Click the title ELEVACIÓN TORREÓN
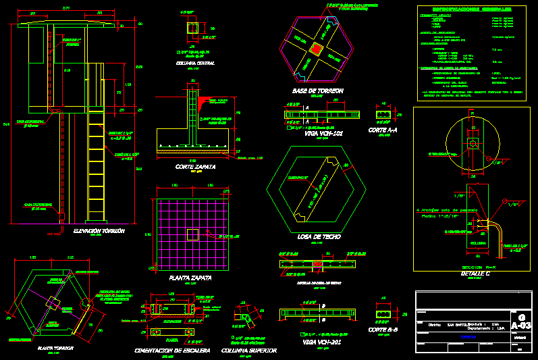tap(99, 231)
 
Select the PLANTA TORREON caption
tap(55, 347)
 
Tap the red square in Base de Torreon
tap(315, 50)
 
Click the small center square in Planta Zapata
tap(194, 234)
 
